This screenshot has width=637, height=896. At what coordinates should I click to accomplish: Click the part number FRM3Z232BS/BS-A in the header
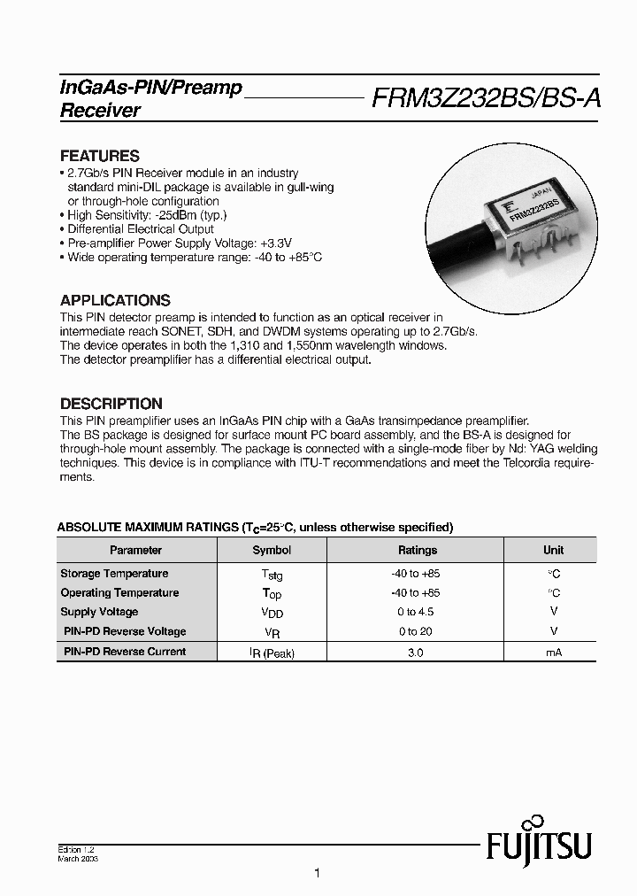pyautogui.click(x=486, y=98)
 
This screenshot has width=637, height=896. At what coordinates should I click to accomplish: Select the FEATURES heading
pyautogui.click(x=99, y=156)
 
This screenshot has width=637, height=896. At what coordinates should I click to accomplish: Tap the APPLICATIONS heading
pyautogui.click(x=115, y=300)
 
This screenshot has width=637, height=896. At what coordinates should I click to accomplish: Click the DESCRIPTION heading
pyautogui.click(x=111, y=404)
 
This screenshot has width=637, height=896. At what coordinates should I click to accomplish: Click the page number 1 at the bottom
pyautogui.click(x=317, y=873)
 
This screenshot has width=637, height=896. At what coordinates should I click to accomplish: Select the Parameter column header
pyautogui.click(x=135, y=550)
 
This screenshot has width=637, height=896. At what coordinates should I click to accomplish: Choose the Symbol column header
pyautogui.click(x=272, y=550)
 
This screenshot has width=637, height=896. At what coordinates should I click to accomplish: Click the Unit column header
pyautogui.click(x=553, y=550)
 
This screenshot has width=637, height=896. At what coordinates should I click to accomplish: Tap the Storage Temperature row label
pyautogui.click(x=114, y=574)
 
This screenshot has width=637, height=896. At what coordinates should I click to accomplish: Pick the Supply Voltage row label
pyautogui.click(x=99, y=612)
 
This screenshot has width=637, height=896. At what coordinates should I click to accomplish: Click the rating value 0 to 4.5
pyautogui.click(x=415, y=612)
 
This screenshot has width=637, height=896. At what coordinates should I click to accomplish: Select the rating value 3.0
pyautogui.click(x=415, y=652)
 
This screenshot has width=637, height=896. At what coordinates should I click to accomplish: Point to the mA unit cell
pyautogui.click(x=553, y=652)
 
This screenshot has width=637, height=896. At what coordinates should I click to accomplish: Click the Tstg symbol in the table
pyautogui.click(x=272, y=575)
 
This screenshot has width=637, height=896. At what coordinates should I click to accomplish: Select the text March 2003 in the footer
pyautogui.click(x=78, y=859)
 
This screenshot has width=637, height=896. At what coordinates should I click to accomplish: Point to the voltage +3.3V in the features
pyautogui.click(x=275, y=243)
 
